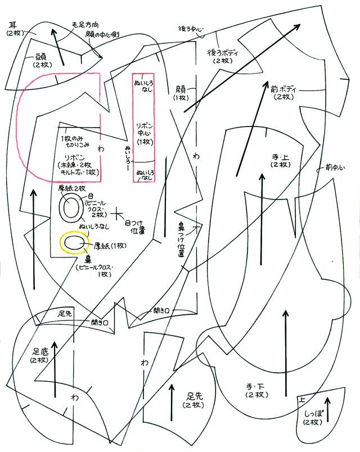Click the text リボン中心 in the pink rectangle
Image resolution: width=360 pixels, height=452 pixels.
144,133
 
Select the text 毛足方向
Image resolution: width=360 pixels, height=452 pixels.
86,25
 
